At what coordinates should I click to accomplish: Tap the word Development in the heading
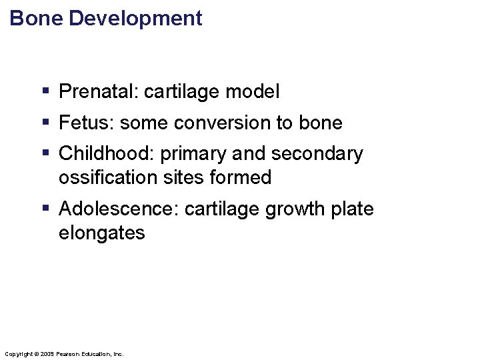point(135,19)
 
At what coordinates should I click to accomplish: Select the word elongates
point(101,233)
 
